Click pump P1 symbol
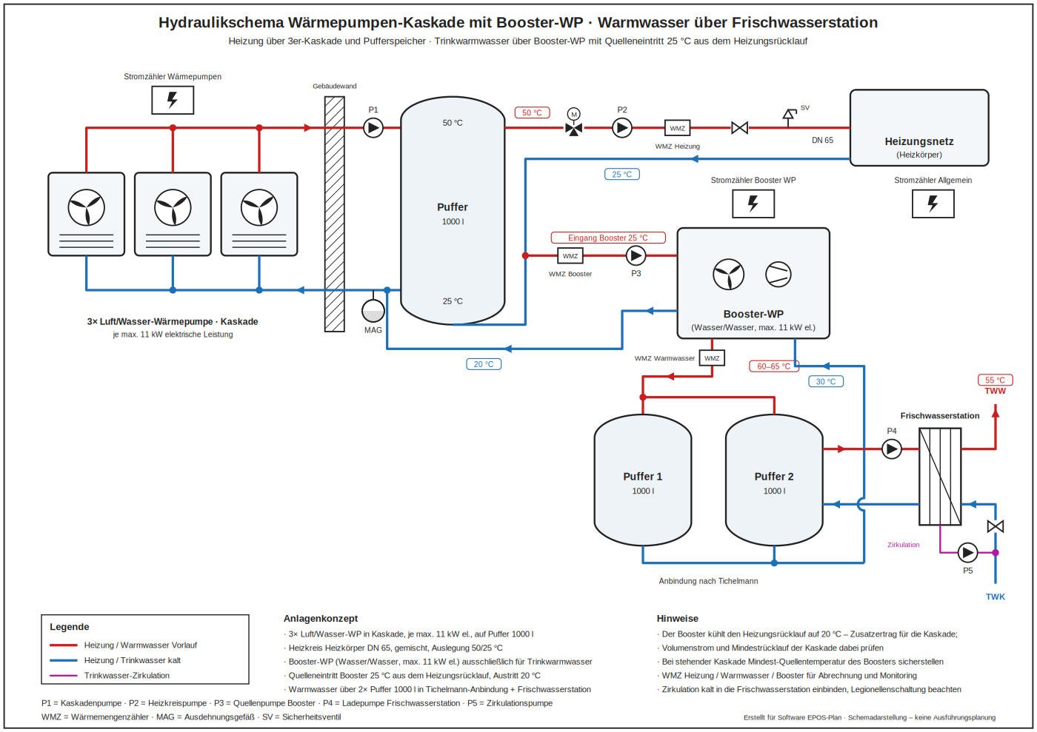[x=373, y=128]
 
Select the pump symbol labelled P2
[x=622, y=128]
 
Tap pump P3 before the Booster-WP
[x=636, y=255]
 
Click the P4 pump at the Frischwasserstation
[x=892, y=449]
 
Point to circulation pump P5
[x=967, y=552]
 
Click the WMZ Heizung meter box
[x=677, y=128]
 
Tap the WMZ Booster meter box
[x=570, y=256]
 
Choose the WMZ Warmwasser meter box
[x=712, y=358]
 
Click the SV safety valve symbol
[x=790, y=117]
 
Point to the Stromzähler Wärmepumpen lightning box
[x=173, y=101]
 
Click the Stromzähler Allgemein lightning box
[x=933, y=204]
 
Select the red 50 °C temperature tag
[x=533, y=113]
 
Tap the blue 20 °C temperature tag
[x=484, y=364]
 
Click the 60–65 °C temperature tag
[x=774, y=366]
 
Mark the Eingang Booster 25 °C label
[x=608, y=238]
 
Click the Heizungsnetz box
[x=919, y=128]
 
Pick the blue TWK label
[x=996, y=597]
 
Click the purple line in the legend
[x=64, y=676]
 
